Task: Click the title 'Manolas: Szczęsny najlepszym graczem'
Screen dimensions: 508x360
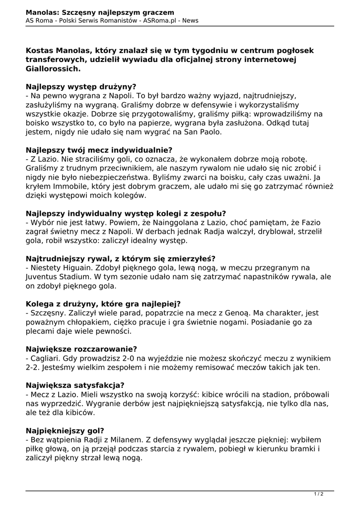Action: pos(100,11)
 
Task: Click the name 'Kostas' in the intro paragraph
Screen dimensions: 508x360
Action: pos(42,51)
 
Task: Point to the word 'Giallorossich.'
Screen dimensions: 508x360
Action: pos(53,69)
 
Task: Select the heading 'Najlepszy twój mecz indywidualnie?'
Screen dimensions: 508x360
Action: pos(99,150)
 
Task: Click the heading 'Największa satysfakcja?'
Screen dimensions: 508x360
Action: pos(75,385)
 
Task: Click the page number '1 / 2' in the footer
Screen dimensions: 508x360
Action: pos(319,494)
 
